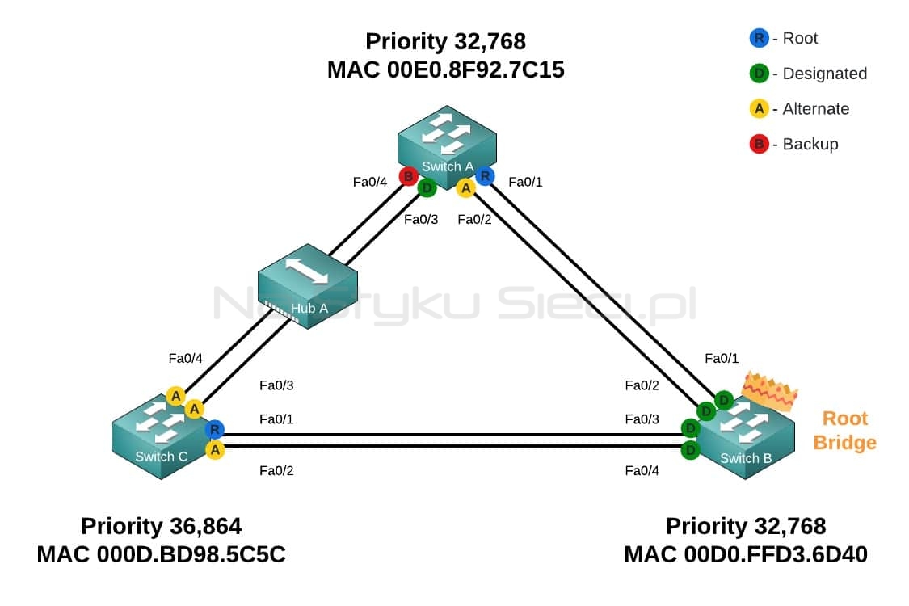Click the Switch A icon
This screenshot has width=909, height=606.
pyautogui.click(x=447, y=147)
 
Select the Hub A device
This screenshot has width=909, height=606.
pyautogui.click(x=307, y=286)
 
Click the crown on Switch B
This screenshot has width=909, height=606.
pyautogui.click(x=770, y=391)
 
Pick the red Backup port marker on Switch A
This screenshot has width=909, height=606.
pyautogui.click(x=408, y=175)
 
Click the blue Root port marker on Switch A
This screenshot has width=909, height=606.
pyautogui.click(x=485, y=175)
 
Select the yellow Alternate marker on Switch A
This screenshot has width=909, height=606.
pyautogui.click(x=465, y=188)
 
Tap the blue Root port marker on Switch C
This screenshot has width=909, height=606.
pyautogui.click(x=214, y=430)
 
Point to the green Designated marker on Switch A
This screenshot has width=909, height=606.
pyautogui.click(x=427, y=188)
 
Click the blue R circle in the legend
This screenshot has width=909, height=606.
pyautogui.click(x=759, y=38)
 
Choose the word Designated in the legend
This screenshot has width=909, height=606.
pyautogui.click(x=824, y=74)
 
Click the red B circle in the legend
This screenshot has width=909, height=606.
pyautogui.click(x=759, y=144)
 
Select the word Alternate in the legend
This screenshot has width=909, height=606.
pyautogui.click(x=815, y=109)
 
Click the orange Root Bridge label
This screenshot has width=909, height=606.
pyautogui.click(x=844, y=431)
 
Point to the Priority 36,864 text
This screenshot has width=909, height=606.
pyautogui.click(x=161, y=527)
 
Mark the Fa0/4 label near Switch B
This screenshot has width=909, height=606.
pyautogui.click(x=642, y=470)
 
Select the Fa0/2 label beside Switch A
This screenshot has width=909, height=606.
pyautogui.click(x=474, y=219)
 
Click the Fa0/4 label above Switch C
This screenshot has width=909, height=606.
pyautogui.click(x=185, y=359)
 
